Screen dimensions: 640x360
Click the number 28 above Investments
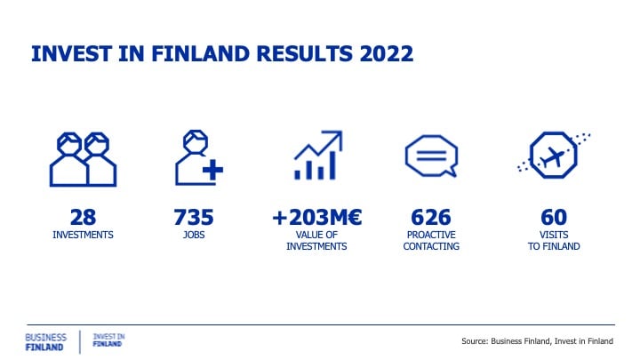pos(83,217)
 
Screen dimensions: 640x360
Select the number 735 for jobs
pos(194,217)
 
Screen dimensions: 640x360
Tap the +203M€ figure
pos(316,217)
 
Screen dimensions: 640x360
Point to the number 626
pos(431,217)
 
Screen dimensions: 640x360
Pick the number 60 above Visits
pos(554,217)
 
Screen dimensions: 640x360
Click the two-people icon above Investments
pos(83,160)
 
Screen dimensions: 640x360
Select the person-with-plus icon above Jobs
pos(199,158)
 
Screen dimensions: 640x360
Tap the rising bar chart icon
pos(318,155)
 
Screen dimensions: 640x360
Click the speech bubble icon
pos(431,156)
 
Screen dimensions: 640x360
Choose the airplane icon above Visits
pos(554,155)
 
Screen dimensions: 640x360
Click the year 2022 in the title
pos(387,54)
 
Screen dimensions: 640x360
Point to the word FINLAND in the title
pos(200,54)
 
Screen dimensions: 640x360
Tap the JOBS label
pos(194,235)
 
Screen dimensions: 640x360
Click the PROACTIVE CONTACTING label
pos(431,240)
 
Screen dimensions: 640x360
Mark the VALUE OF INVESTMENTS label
pos(316,240)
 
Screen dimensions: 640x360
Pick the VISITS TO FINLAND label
pos(554,240)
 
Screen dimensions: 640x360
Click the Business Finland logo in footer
pos(45,342)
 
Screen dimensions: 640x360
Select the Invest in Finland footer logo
pos(108,340)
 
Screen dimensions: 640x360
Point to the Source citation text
pos(537,340)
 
